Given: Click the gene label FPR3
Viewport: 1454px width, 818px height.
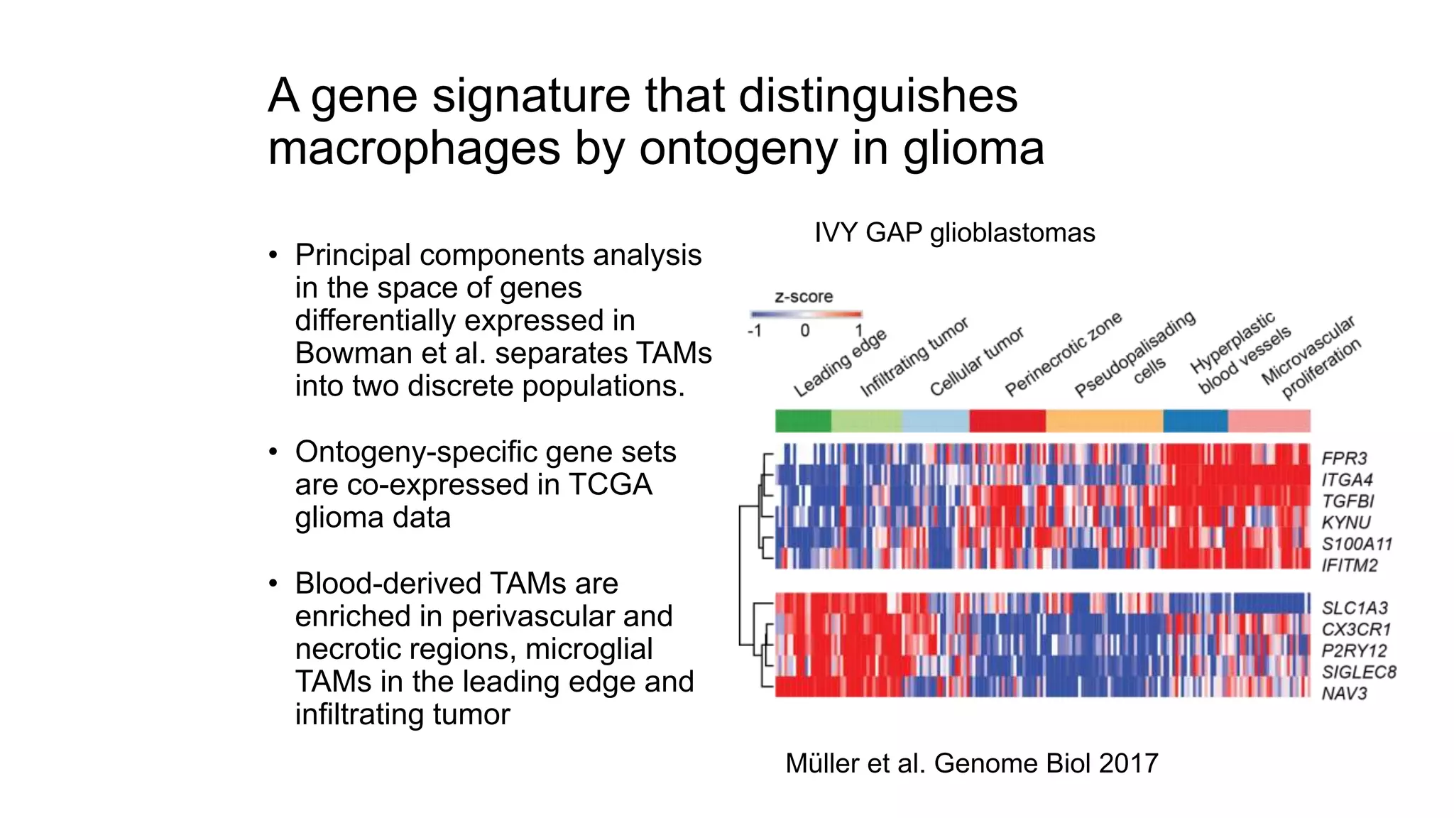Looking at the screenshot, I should pos(1344,458).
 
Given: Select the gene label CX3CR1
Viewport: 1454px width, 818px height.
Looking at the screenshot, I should pos(1355,629).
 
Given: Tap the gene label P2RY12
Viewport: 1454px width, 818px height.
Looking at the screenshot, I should pos(1354,650).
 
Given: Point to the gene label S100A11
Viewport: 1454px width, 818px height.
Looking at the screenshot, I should pos(1357,544).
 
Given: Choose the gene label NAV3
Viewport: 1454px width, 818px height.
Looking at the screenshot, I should pos(1344,693).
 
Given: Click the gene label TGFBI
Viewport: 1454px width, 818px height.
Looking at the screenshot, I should pos(1348,501).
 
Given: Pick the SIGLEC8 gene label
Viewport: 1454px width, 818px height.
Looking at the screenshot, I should pos(1358,672).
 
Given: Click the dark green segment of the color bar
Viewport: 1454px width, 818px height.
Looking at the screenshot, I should pos(803,421).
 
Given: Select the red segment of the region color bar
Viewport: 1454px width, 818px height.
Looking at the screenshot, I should pos(1007,421).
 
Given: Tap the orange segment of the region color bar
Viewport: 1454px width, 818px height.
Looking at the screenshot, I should pos(1104,421).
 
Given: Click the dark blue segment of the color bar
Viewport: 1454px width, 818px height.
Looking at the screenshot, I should pos(1196,421).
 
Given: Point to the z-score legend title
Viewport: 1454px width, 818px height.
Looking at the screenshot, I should pos(803,297).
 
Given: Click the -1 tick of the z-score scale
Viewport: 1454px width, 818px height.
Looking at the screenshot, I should pos(754,331).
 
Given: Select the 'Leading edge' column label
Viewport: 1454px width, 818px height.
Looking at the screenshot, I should pos(841,363).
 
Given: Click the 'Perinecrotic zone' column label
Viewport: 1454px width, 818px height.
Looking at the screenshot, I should pos(1063,354).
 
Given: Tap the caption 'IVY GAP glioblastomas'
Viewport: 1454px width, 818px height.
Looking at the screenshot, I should pos(954,233).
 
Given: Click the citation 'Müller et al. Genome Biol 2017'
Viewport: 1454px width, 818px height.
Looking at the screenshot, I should pos(971,763).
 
